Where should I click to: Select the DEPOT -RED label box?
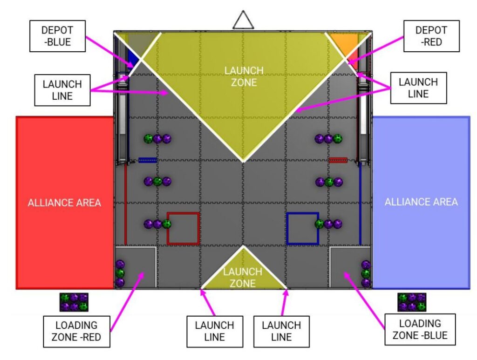pos(431,36)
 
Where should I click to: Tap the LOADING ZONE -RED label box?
pos(76,331)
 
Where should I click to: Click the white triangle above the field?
pos(242,20)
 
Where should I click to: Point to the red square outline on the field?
pos(183,228)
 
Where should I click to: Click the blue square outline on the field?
pos(302,228)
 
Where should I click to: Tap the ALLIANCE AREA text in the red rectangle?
pos(64,203)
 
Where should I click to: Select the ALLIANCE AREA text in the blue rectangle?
pos(421,202)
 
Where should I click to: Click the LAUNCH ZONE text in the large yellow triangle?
pos(244,76)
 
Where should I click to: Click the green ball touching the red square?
pos(166,224)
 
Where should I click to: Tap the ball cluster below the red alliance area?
pos(74,302)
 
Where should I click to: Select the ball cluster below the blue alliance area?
pos(412,302)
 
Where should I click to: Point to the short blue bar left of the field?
pos(147,160)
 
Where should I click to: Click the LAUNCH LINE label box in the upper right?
pos(418,88)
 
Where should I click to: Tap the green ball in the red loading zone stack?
pos(120,273)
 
